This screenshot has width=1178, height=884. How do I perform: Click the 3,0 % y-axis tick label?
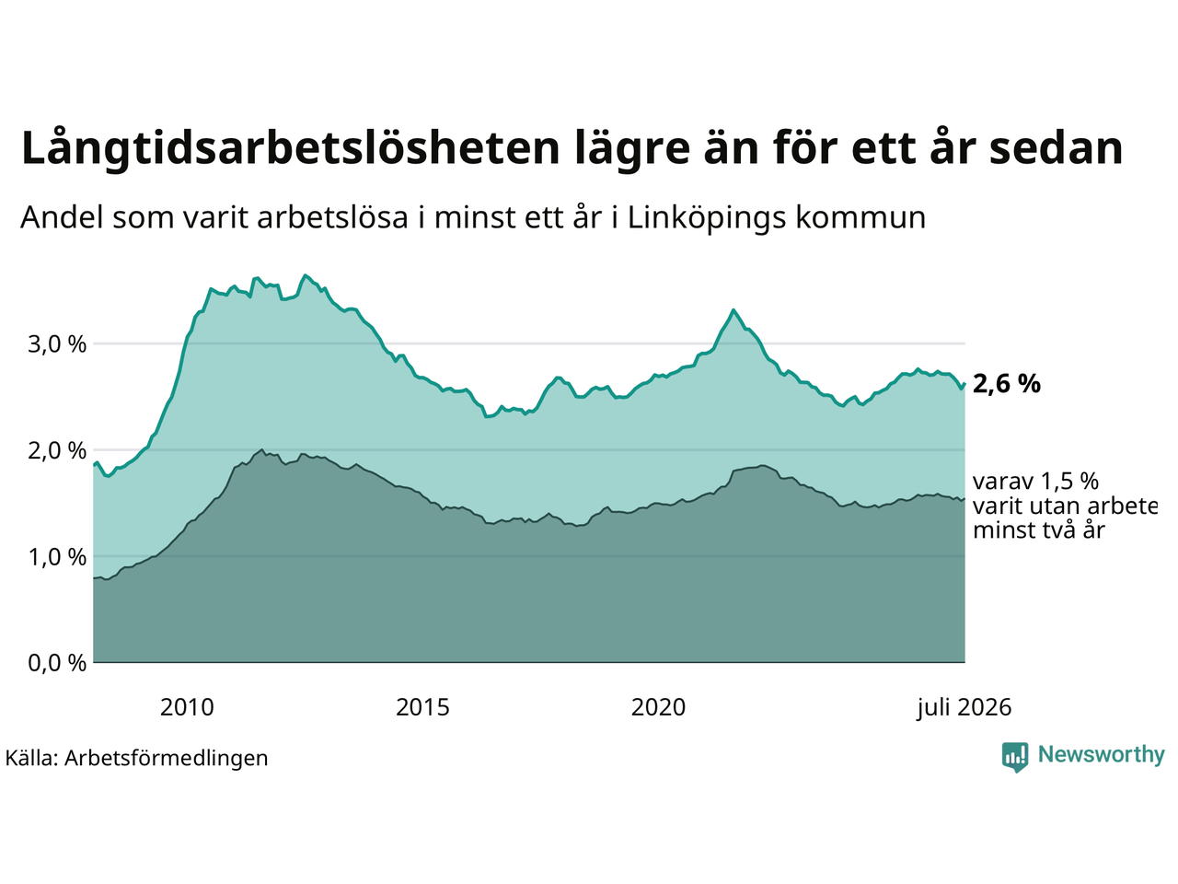tap(57, 344)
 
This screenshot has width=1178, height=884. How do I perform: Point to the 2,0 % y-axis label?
tap(57, 451)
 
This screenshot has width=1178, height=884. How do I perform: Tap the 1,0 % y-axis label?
tap(57, 557)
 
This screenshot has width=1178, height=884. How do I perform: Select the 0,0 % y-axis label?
tap(57, 663)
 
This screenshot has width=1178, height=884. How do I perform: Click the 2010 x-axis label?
tap(187, 707)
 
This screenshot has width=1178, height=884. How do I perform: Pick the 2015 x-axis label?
tap(422, 707)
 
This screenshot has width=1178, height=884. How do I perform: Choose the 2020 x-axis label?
tap(658, 707)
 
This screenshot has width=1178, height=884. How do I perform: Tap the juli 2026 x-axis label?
tap(964, 708)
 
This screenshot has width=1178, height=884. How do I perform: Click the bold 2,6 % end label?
tap(1006, 384)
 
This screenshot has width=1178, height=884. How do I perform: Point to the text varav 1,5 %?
tap(1035, 482)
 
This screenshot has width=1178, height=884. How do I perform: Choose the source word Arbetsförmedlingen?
tap(166, 759)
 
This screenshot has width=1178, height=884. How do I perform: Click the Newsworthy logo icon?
tap(1015, 757)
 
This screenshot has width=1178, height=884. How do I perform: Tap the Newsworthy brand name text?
tap(1102, 755)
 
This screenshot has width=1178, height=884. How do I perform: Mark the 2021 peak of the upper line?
tap(733, 309)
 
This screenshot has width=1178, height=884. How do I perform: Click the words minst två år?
tap(1038, 530)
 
